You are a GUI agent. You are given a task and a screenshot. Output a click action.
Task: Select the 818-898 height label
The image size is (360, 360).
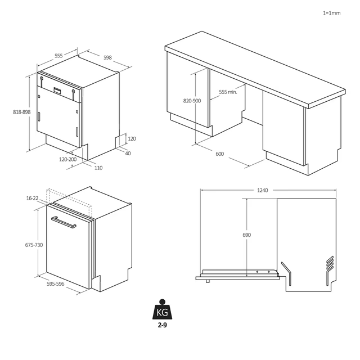click(21, 112)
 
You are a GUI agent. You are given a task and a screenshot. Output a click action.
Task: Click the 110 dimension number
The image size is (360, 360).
click(98, 168)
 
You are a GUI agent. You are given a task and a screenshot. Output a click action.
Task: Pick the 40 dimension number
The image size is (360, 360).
click(128, 153)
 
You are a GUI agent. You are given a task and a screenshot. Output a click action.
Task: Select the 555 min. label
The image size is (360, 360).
click(228, 92)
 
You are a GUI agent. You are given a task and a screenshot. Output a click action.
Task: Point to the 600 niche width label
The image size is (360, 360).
click(219, 154)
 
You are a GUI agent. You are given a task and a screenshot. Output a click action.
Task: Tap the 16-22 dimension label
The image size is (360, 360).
click(32, 198)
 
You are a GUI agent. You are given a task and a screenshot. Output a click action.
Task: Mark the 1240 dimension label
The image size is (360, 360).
click(263, 190)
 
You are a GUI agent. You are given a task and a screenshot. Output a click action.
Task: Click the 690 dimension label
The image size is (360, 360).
click(246, 235)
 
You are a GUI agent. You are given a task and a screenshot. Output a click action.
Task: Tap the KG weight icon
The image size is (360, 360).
click(162, 311)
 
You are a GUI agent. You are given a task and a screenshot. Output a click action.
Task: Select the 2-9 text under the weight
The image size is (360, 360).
click(162, 325)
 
